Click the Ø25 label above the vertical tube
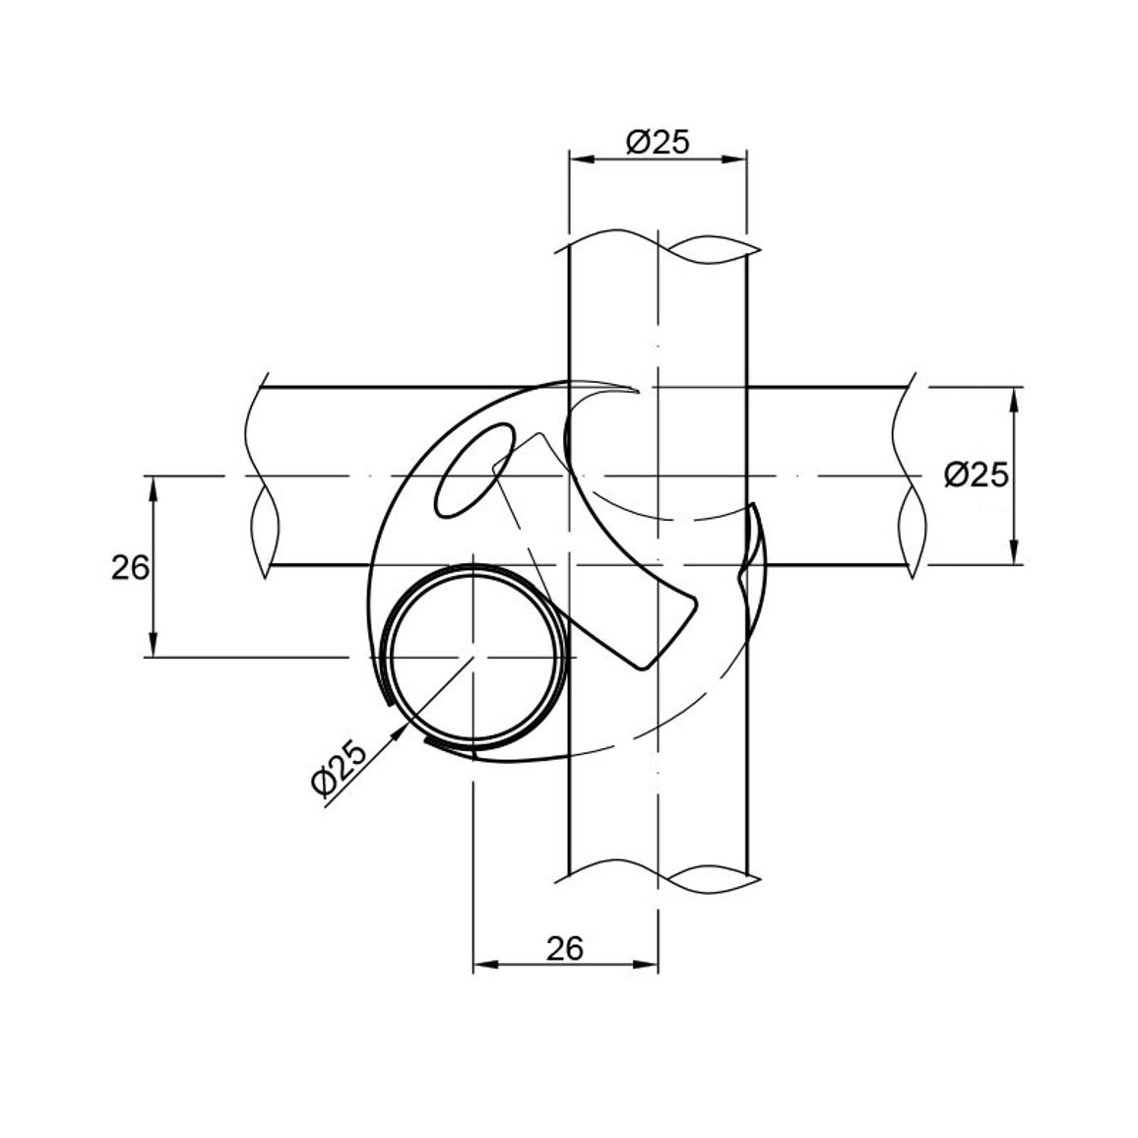coord(657,142)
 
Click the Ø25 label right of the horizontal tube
coord(977,475)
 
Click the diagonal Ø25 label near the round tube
coord(340,770)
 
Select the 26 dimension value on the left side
coord(131,568)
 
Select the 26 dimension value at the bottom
coord(565,947)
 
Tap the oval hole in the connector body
coord(474,471)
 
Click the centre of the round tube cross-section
coord(474,657)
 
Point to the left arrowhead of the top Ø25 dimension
coord(580,158)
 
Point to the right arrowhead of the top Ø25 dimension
coord(735,158)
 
